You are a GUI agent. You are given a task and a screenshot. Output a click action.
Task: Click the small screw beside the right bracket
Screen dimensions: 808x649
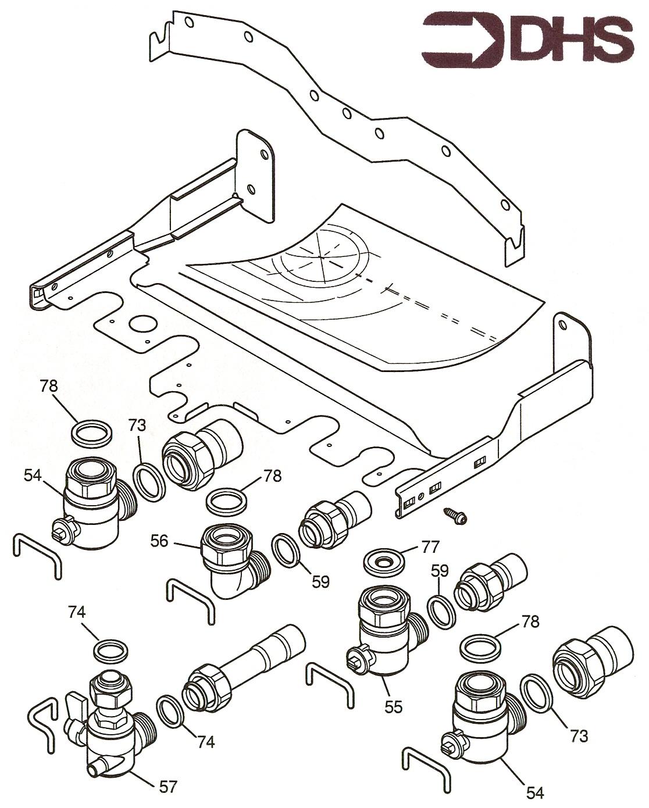click(x=457, y=516)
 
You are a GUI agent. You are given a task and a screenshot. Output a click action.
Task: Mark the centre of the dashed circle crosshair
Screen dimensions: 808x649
click(x=321, y=256)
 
